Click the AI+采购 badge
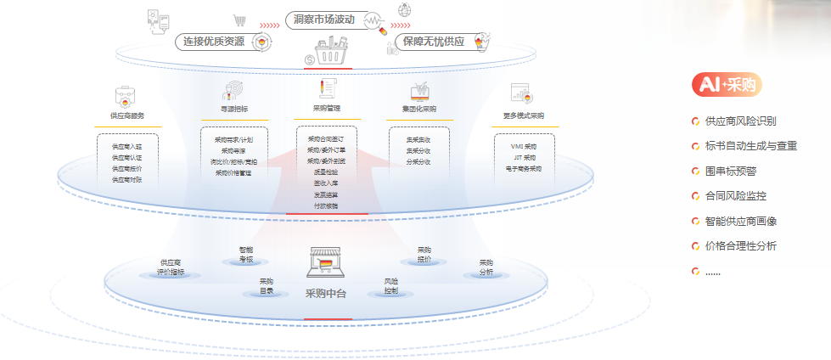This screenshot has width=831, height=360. pos(727,84)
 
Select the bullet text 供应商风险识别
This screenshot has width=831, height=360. pos(740,121)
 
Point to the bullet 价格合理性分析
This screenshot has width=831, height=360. pos(740,246)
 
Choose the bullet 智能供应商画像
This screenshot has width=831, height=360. pos(740,221)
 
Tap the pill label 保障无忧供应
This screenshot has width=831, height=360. pos(434,41)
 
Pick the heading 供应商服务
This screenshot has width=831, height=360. pos(127,115)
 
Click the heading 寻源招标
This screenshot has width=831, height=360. pos(233,110)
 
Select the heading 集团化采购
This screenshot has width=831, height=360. pos(419,110)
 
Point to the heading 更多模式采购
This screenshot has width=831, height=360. pos(523,115)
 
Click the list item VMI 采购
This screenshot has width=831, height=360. pos(523,147)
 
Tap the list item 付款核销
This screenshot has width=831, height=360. pos(325,205)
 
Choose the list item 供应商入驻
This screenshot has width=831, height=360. pos(127,147)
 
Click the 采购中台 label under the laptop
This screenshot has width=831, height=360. pos(326,293)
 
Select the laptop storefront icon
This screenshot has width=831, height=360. pos(326,264)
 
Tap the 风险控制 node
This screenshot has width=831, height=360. pos(390,285)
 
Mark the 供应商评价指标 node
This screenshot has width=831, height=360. pos(171,267)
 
